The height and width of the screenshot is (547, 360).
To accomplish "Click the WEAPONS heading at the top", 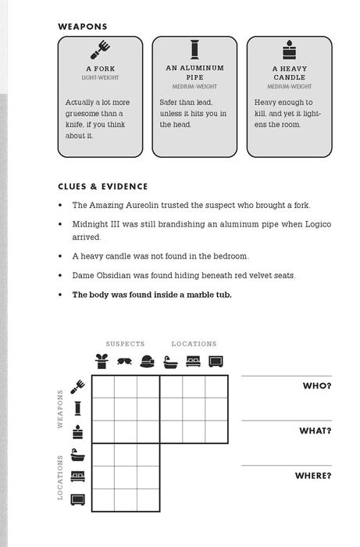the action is (x=82, y=27).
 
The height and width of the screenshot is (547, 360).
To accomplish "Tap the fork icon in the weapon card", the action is (x=100, y=49).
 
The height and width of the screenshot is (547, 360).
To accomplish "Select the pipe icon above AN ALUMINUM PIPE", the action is (x=194, y=49).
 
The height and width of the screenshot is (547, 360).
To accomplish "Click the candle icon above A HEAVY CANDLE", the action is (x=289, y=49).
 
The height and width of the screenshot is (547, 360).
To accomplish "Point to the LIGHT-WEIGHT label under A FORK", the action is (x=101, y=77).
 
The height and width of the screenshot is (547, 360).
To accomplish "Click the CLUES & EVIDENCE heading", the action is (x=103, y=186).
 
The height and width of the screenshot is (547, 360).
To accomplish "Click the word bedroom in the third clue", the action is (x=230, y=256).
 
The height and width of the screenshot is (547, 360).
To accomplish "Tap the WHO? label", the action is (x=317, y=386).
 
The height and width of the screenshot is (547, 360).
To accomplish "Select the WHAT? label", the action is (x=315, y=431).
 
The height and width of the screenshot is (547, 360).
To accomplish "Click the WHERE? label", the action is (x=313, y=475).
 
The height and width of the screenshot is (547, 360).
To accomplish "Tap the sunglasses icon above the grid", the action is (x=124, y=361).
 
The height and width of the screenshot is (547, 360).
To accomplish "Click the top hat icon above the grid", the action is (x=102, y=361).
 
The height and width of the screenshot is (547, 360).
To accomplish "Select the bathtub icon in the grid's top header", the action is (x=170, y=362).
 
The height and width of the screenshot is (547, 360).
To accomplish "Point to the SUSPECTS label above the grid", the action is (x=125, y=344).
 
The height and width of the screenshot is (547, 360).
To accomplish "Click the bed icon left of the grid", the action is (x=78, y=476).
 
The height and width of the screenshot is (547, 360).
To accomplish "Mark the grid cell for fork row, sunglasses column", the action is (x=126, y=387).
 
